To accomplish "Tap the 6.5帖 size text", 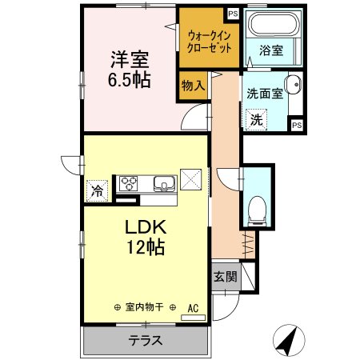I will point(128,80).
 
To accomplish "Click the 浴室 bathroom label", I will point(271,50).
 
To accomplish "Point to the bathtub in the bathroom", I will point(271,24).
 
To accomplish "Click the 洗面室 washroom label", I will point(265,93).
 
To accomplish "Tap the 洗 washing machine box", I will point(257,120).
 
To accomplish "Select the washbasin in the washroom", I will point(294,84).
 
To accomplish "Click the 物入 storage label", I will point(192,82).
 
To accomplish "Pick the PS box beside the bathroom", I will point(232,13).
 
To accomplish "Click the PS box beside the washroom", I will point(296,125).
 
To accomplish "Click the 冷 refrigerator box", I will point(98,190).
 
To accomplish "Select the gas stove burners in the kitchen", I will point(129,183).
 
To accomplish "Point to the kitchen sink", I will point(164,184).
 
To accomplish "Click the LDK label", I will point(144,226).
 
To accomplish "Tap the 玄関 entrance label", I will point(224,277).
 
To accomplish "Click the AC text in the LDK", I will point(193,307).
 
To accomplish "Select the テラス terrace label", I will point(146,340).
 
